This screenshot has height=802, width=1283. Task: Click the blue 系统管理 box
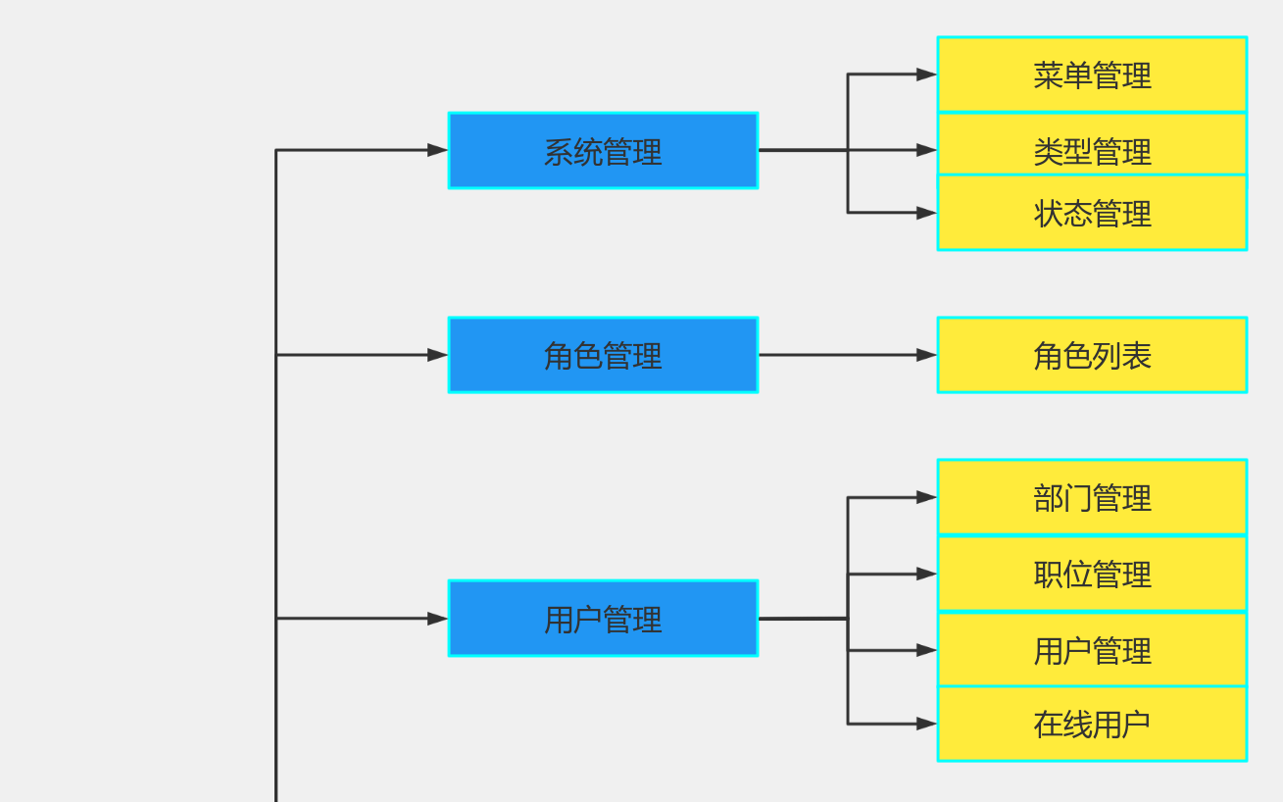tap(603, 150)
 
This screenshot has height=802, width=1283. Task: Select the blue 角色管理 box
tap(603, 355)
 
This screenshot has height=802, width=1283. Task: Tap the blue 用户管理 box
tap(603, 619)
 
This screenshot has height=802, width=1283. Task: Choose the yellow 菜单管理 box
tap(1092, 75)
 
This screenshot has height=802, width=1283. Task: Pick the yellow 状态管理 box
tap(1092, 213)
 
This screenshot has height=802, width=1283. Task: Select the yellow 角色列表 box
tap(1092, 355)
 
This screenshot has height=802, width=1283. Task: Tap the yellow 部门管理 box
tap(1092, 497)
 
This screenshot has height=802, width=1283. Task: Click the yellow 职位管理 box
tap(1092, 574)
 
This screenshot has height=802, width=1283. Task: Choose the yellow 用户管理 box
tap(1092, 649)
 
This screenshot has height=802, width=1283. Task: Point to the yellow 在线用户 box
tap(1092, 724)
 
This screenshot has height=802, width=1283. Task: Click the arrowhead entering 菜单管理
tap(926, 74)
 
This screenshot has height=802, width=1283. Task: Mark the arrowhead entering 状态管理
tap(926, 213)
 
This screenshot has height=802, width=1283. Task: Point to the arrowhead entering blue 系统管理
tap(437, 150)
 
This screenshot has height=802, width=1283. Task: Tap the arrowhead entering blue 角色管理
tap(437, 355)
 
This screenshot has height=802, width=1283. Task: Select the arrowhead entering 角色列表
tap(926, 355)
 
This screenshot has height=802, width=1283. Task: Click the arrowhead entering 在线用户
tap(926, 724)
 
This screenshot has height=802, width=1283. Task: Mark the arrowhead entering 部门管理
tap(926, 497)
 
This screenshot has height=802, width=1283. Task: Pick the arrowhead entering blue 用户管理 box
tap(437, 619)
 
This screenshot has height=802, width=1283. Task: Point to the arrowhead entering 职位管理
tap(926, 574)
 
